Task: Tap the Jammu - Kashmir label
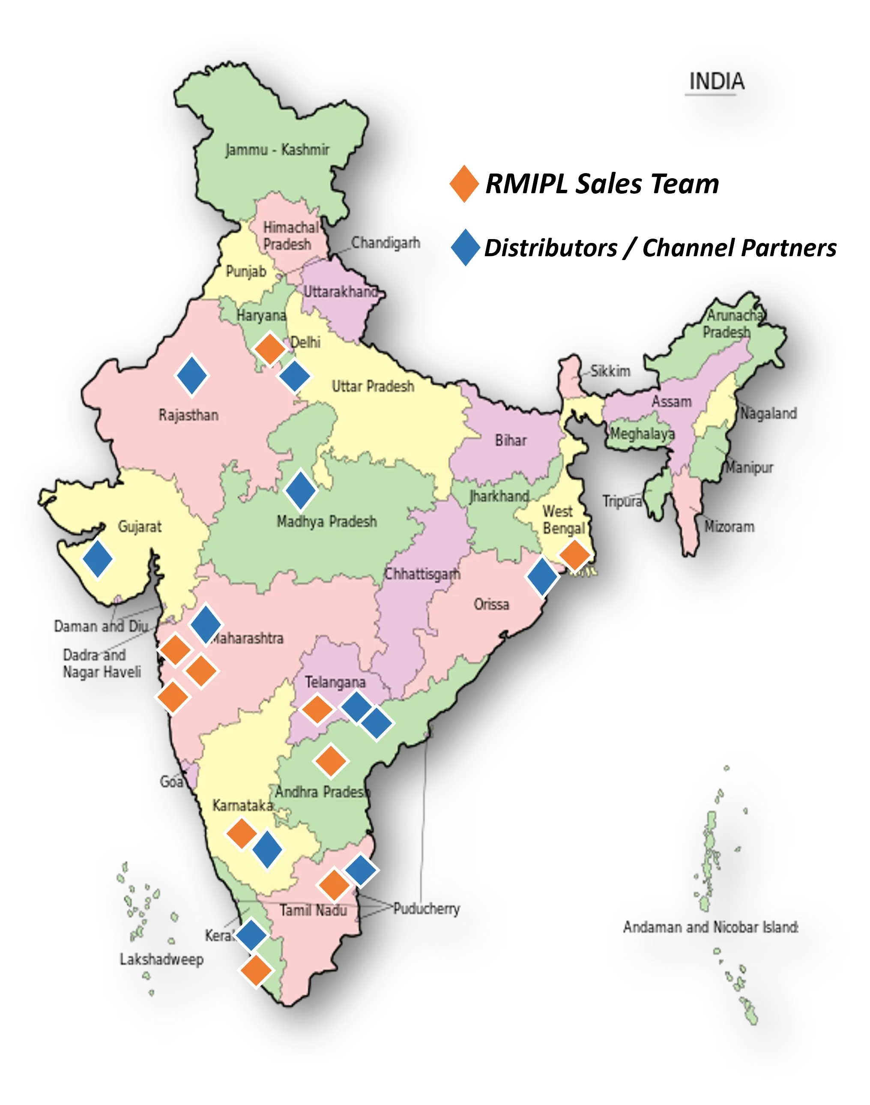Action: [277, 150]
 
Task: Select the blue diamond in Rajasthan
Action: [191, 375]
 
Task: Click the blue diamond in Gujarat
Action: [97, 558]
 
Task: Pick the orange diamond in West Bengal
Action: [574, 555]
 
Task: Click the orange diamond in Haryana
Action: [269, 349]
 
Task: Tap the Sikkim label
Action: [610, 371]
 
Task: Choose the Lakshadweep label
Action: [161, 959]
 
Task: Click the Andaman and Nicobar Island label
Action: [712, 927]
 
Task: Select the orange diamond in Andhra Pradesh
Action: [331, 761]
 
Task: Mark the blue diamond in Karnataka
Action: [267, 849]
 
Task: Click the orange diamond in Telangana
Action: [317, 709]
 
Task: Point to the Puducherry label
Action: [427, 909]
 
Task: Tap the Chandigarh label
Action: [386, 243]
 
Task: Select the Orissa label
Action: [491, 604]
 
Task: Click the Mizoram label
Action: [729, 527]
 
